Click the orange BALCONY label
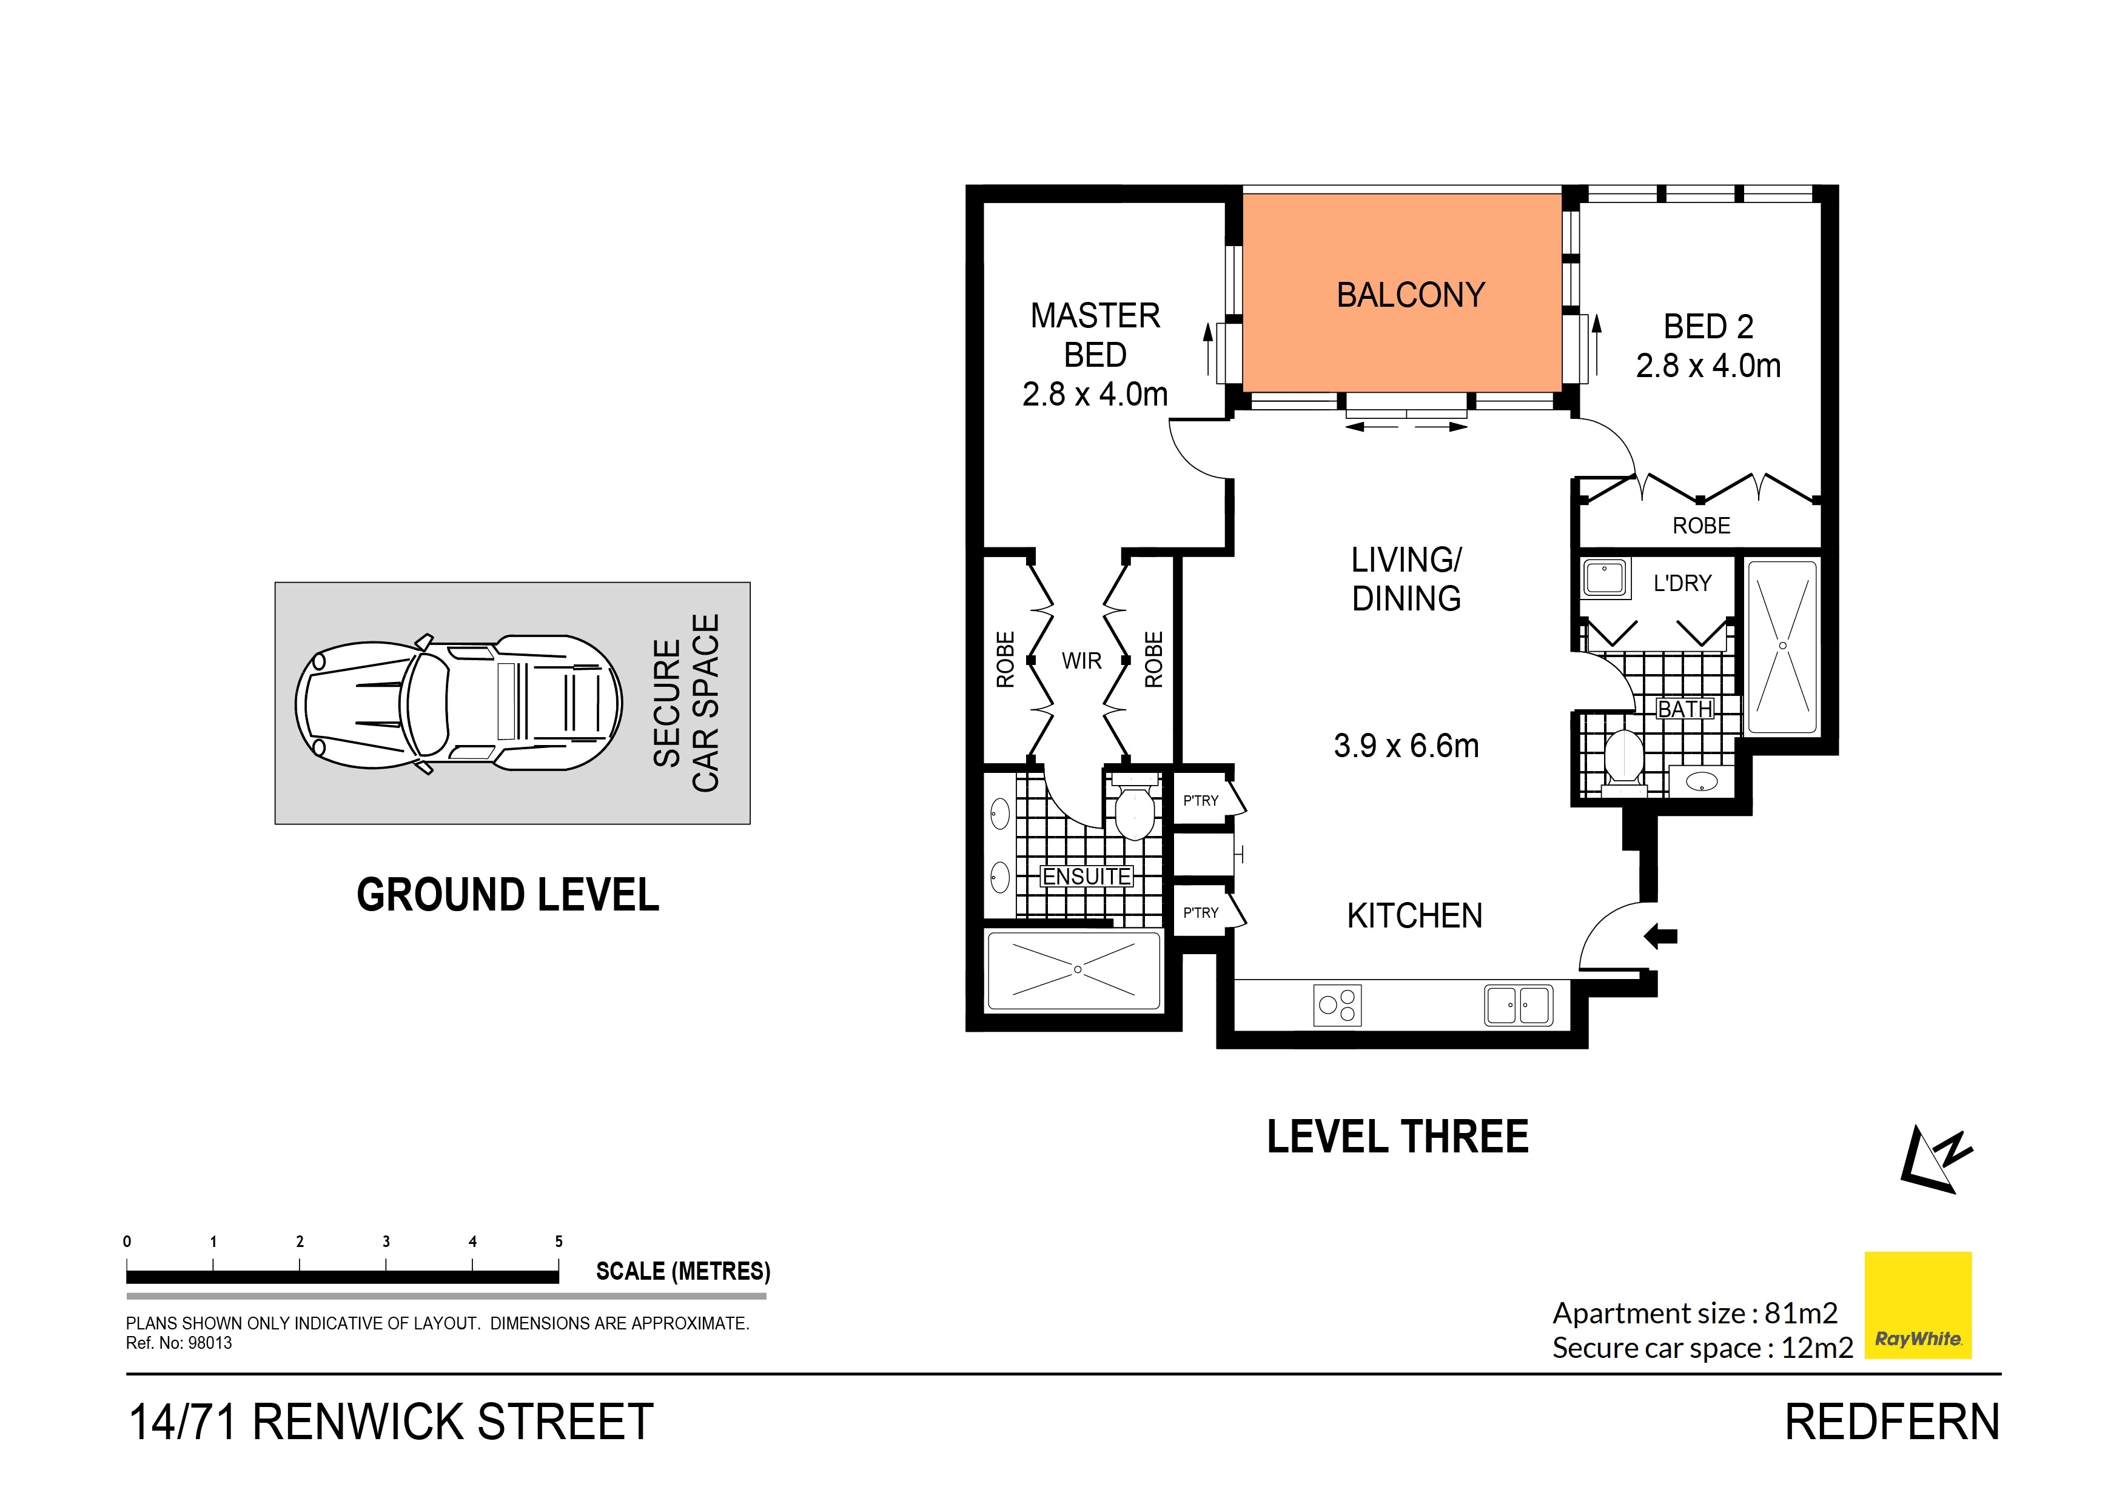[1410, 295]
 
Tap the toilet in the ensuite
[1135, 811]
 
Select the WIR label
[1082, 661]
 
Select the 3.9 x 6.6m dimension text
[1406, 746]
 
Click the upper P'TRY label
[1200, 801]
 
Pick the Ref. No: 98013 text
[179, 1343]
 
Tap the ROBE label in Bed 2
[1700, 526]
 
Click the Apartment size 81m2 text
[1694, 1313]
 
